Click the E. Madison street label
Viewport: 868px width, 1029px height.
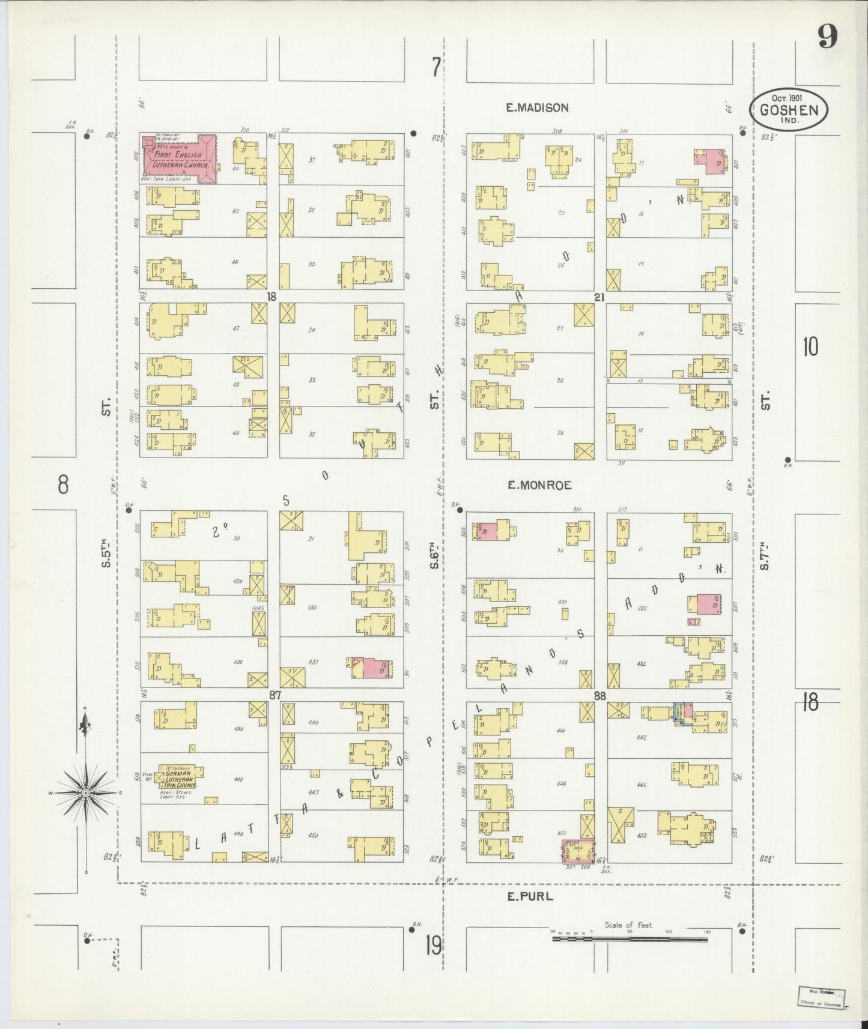tap(536, 108)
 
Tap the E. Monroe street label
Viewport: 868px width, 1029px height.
tap(539, 485)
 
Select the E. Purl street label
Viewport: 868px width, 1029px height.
tap(529, 897)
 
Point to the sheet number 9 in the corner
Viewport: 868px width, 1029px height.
tap(827, 39)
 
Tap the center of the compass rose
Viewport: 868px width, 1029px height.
tap(86, 793)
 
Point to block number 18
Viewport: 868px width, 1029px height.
tap(272, 297)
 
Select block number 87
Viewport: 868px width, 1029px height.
tap(275, 695)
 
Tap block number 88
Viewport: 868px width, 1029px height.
tap(599, 695)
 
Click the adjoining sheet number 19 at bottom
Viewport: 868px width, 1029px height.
tap(432, 946)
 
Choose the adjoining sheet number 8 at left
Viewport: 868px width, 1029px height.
tap(63, 484)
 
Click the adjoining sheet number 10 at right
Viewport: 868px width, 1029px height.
tap(810, 347)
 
